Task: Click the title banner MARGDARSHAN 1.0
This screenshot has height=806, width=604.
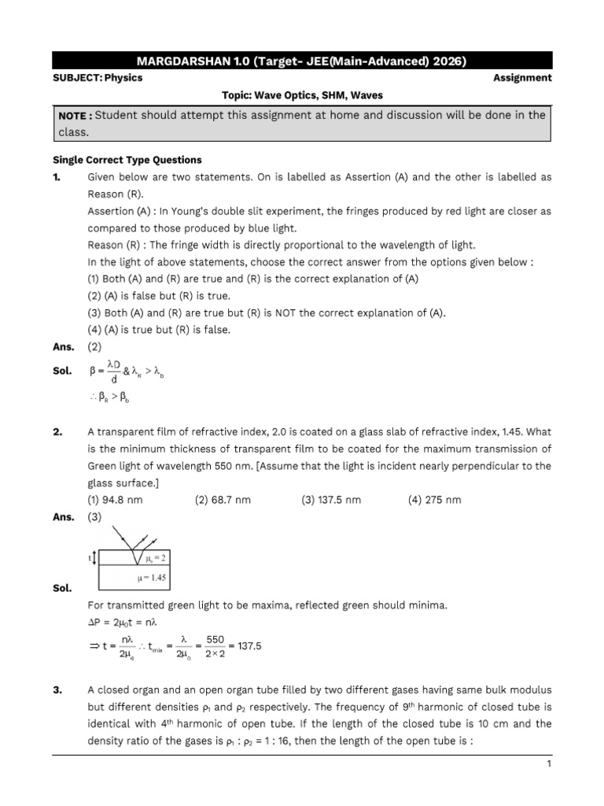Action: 302,61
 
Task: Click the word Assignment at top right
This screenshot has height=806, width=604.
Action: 522,78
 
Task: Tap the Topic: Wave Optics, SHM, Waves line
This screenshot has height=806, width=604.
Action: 302,95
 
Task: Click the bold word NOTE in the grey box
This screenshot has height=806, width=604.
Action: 74,116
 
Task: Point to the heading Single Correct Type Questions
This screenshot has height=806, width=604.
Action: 127,160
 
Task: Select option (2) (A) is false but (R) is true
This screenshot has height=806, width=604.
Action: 158,295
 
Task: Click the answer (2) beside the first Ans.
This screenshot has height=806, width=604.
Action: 94,346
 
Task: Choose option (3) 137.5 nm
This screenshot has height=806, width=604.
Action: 331,500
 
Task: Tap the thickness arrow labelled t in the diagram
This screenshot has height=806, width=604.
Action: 93,558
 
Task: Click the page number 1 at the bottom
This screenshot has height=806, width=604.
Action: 548,764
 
